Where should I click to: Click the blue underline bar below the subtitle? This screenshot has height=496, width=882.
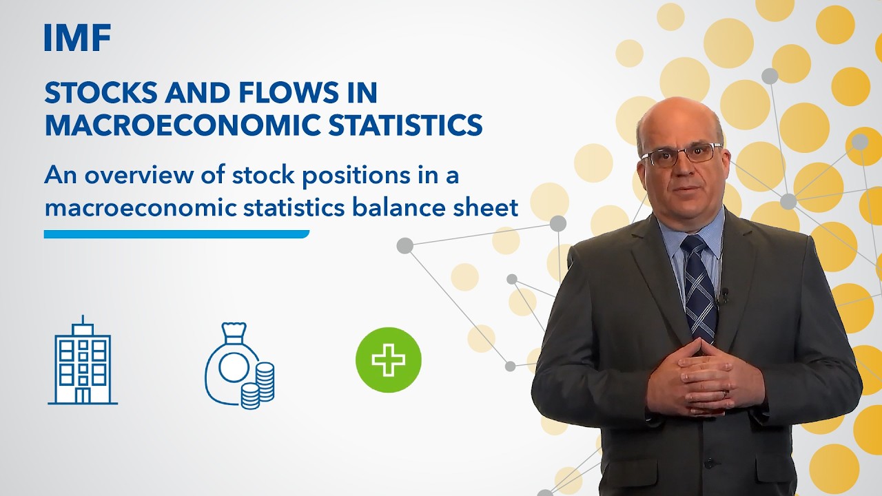click(x=176, y=234)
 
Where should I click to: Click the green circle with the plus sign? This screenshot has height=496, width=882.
click(x=389, y=360)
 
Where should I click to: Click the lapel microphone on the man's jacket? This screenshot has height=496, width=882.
click(x=724, y=297)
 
